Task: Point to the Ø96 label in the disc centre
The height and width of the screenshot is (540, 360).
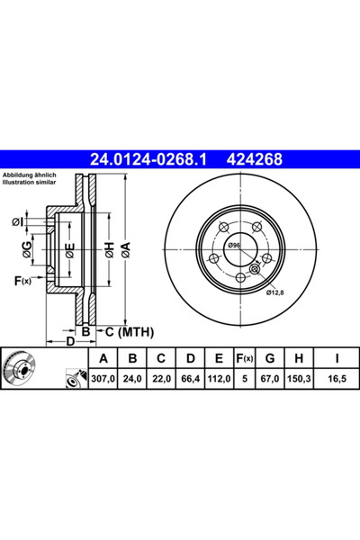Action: pos(233,245)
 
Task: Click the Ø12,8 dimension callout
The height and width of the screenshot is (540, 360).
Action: pos(275,290)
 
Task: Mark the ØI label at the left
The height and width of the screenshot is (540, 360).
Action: pos(19,221)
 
